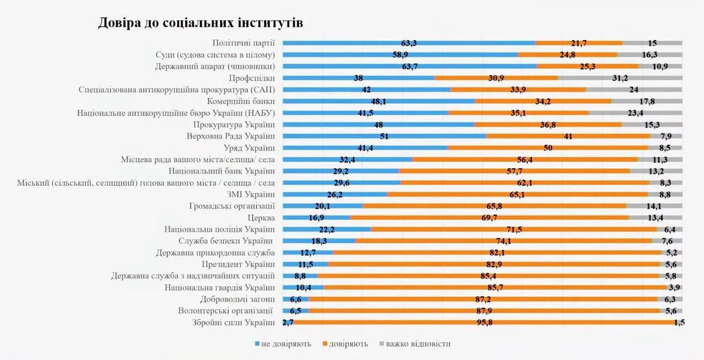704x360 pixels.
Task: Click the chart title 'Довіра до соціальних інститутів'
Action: (x=201, y=23)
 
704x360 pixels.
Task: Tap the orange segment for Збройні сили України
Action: (x=385, y=323)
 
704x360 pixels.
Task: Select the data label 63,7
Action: (x=410, y=67)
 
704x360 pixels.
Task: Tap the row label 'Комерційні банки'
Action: (x=241, y=101)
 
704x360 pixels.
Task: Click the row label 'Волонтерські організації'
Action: (x=227, y=311)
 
